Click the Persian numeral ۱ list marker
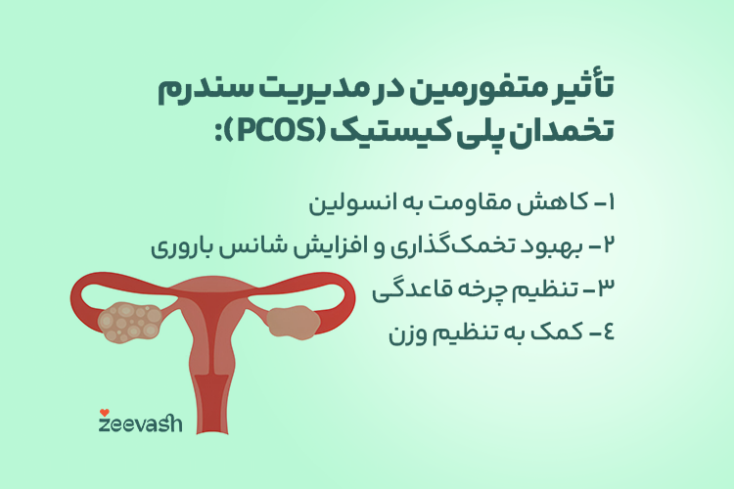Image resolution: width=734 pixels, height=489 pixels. point(610,202)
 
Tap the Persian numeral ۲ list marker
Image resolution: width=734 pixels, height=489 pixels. point(608,245)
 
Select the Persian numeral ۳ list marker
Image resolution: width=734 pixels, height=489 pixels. point(606,289)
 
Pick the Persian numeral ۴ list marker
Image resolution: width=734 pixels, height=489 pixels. point(608,332)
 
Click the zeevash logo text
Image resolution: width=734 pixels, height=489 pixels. point(140,423)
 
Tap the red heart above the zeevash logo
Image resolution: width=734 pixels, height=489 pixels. point(105,413)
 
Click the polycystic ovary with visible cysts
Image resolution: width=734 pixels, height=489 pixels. point(129,322)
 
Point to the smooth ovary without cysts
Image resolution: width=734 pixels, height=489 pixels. point(294,322)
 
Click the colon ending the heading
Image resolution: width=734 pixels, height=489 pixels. point(218,133)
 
